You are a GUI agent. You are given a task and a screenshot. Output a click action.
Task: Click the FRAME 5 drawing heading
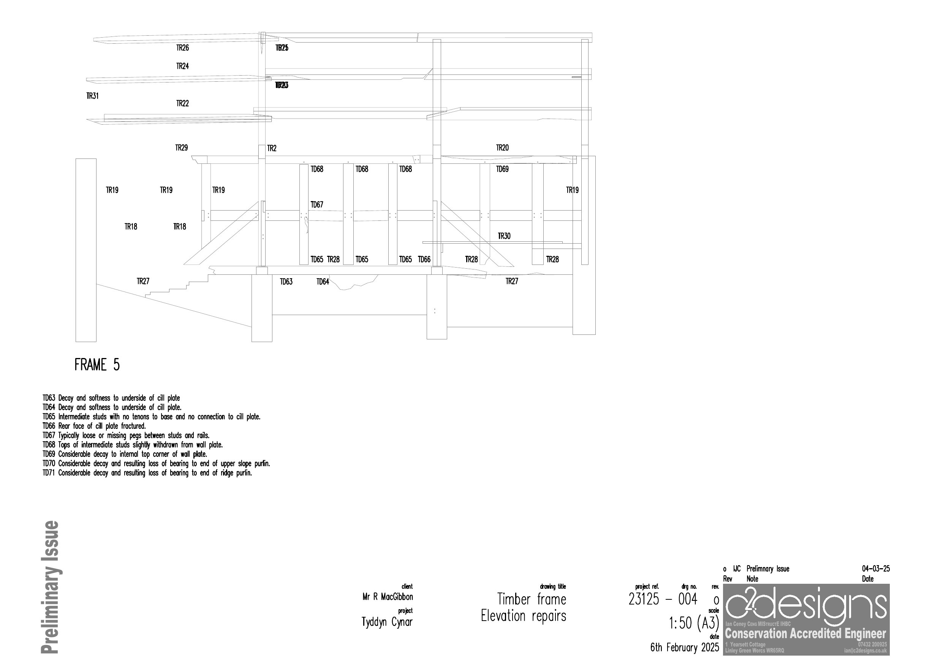coord(97,365)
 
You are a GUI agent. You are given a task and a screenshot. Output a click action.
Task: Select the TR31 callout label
coord(92,96)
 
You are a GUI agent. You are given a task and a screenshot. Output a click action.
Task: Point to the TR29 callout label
coord(181,148)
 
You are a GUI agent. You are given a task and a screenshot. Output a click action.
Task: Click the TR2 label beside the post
coord(272,148)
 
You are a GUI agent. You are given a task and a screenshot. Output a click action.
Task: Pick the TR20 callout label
coord(502,148)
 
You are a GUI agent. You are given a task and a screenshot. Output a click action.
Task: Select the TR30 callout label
coord(504,236)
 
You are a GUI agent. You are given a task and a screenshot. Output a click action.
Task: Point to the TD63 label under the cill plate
coord(286,282)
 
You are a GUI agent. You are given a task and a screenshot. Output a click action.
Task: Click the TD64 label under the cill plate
coord(323,282)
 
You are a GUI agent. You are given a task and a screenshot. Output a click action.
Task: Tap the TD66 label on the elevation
coord(424,260)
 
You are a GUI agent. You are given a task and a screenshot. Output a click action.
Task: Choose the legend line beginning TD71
coord(147,473)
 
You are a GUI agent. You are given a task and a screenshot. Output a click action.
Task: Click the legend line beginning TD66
coord(94,426)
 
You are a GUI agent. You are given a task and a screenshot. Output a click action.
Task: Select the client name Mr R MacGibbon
coord(387,597)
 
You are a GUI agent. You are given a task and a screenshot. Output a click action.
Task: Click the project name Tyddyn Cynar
coord(386,622)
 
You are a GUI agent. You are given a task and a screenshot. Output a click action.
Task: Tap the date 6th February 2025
coord(684,648)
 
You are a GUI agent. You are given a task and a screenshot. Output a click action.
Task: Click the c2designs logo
coord(805,606)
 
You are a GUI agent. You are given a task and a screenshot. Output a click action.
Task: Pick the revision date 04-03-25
coord(876,569)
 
